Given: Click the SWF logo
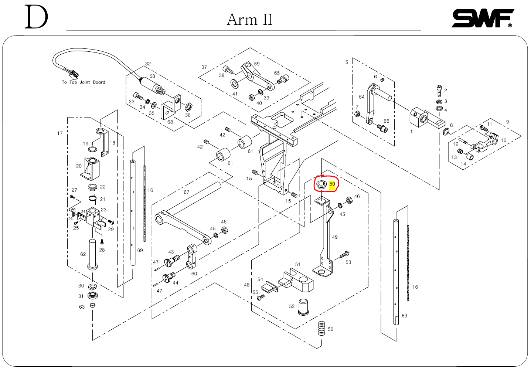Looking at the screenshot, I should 483,18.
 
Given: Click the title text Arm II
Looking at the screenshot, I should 249,20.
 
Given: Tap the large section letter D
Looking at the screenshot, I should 36,17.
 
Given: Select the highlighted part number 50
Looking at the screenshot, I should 332,184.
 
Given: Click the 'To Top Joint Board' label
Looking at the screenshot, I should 83,82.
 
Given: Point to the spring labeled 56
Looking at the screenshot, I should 321,328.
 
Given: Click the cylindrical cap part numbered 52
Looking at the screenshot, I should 303,307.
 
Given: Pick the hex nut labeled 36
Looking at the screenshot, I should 188,107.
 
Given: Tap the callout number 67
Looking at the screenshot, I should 186,192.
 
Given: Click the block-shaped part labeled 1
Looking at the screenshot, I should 421,118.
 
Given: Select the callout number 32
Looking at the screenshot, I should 148,64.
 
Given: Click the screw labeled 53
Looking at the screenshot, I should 344,255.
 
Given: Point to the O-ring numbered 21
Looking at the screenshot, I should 93,199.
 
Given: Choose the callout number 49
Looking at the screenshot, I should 335,237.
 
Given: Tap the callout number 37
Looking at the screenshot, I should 204,67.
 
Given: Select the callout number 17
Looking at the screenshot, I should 60,133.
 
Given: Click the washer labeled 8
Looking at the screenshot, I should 446,131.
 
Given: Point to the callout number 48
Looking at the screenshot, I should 246,285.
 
